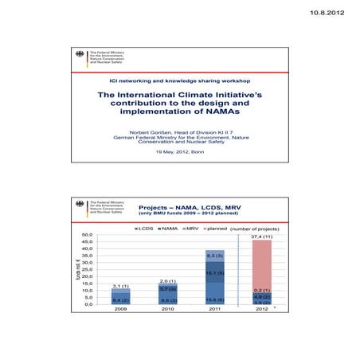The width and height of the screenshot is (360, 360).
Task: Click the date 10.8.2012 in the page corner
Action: [329, 14]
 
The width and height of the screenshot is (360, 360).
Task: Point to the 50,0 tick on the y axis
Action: [88, 236]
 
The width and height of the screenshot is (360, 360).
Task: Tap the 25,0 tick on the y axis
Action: [88, 270]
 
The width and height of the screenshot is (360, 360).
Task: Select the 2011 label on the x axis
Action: [214, 309]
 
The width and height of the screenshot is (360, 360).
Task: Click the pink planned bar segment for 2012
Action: [261, 263]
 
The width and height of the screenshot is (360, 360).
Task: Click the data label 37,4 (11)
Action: [261, 237]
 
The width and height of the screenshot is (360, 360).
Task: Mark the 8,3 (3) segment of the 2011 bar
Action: [214, 256]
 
